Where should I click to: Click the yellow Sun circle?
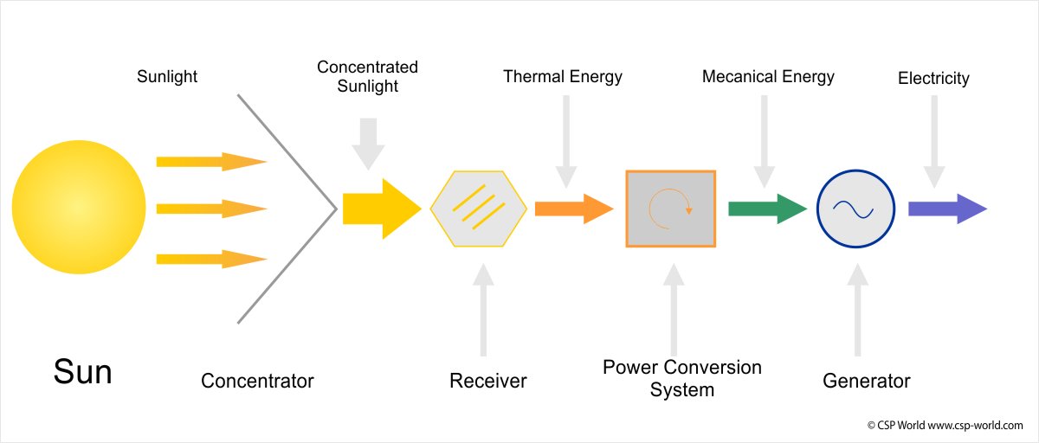click(79, 208)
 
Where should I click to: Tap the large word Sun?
click(82, 372)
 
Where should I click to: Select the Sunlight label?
click(167, 76)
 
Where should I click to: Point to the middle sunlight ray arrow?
click(210, 209)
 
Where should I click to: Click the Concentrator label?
click(257, 381)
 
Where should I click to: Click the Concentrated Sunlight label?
click(367, 76)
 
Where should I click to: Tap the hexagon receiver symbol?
click(478, 209)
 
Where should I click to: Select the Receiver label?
click(488, 381)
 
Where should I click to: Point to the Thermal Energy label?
click(563, 76)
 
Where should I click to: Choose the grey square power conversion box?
click(670, 209)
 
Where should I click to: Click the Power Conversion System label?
click(682, 378)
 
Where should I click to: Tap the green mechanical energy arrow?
click(767, 209)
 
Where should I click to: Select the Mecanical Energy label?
click(768, 76)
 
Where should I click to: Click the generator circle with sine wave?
click(856, 209)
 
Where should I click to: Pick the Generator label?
click(867, 381)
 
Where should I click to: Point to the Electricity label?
click(933, 79)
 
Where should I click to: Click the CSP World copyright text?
click(945, 425)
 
